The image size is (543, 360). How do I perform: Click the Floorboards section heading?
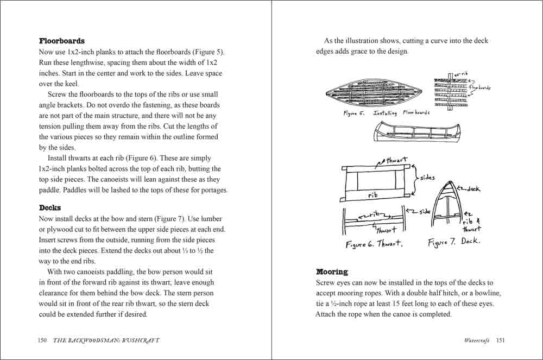click(62, 41)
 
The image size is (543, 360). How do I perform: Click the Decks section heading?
click(50, 208)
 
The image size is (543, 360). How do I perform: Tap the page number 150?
click(43, 340)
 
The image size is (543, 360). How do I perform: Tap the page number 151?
click(501, 340)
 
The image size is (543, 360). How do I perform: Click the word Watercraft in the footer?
click(477, 340)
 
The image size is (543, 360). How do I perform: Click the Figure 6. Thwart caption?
click(374, 244)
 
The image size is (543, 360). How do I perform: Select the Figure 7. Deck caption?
click(454, 242)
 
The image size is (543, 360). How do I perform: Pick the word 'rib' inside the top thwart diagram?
click(374, 194)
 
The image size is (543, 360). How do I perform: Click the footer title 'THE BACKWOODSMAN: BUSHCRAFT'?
click(106, 340)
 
